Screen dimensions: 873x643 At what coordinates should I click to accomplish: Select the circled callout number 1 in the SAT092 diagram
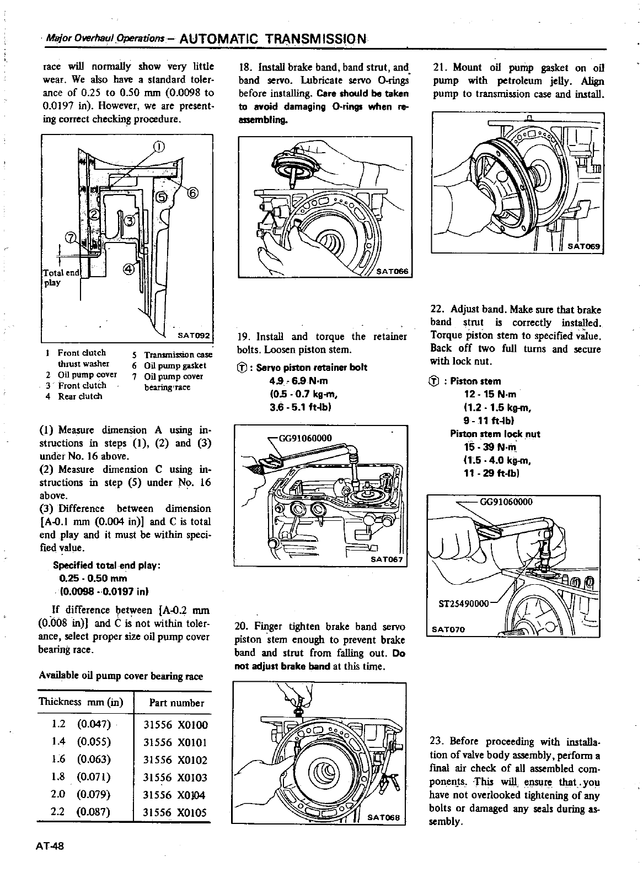(158, 147)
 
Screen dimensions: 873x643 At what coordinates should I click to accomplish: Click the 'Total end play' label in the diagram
(61, 277)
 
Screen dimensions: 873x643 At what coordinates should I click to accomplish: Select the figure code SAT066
(392, 271)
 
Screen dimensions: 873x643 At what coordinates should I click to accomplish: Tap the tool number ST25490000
(464, 603)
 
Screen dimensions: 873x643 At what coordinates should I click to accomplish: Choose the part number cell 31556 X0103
(175, 778)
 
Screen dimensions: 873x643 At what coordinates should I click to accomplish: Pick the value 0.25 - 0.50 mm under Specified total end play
(93, 578)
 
